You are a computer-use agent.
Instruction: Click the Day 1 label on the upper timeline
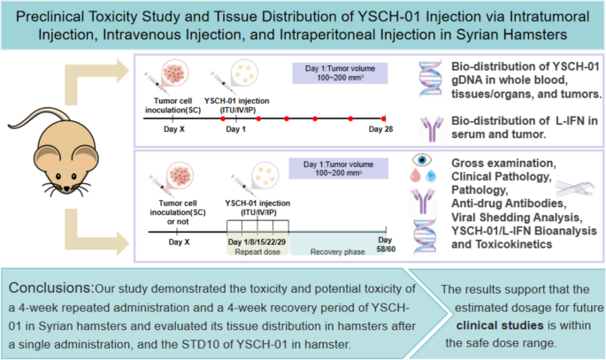[x=235, y=129]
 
